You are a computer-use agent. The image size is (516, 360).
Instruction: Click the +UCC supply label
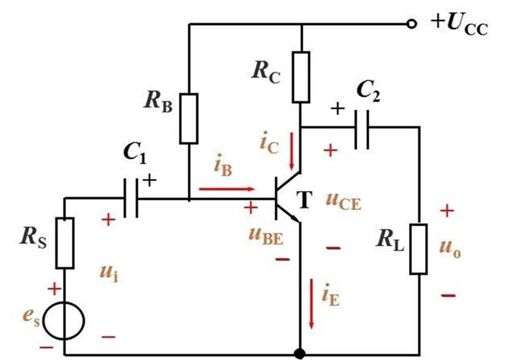459,24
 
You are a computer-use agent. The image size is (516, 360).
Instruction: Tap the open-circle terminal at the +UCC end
411,24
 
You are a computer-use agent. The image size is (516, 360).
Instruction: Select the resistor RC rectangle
302,77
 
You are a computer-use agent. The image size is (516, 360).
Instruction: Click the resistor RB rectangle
189,118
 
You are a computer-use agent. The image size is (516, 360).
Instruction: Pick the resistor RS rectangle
65,243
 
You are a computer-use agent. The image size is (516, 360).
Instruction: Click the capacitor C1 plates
131,199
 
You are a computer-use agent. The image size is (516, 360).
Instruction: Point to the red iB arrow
227,189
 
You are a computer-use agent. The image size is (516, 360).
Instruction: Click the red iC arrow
292,155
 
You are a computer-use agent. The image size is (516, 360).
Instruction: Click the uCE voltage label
343,201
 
